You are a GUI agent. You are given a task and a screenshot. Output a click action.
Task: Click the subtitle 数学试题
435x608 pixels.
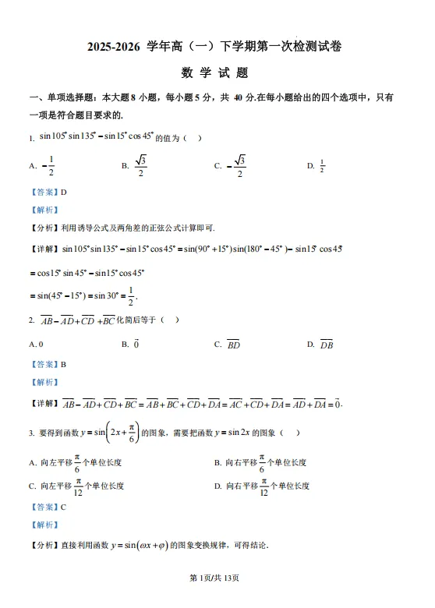click(x=214, y=73)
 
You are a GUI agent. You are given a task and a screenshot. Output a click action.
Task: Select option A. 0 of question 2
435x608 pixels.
click(x=36, y=344)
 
